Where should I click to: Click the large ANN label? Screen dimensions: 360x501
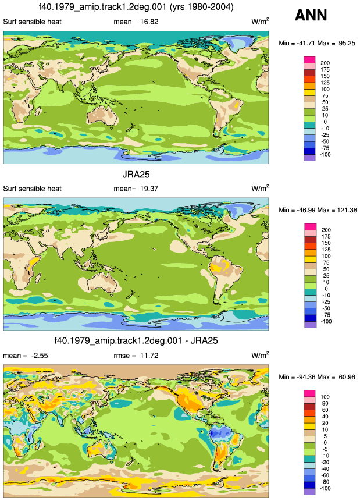click(x=311, y=15)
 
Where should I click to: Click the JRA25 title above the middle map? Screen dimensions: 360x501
click(x=136, y=175)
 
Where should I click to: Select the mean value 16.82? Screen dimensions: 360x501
click(x=149, y=22)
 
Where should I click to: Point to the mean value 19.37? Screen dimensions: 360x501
click(x=149, y=189)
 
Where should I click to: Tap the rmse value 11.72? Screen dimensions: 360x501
click(x=149, y=356)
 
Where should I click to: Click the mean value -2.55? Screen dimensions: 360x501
click(x=40, y=356)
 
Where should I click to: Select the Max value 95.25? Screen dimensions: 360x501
click(x=347, y=43)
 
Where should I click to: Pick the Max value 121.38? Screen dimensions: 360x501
click(x=346, y=210)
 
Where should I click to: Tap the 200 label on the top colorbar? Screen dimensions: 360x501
click(x=325, y=63)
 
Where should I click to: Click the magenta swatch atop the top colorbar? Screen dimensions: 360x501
click(x=309, y=60)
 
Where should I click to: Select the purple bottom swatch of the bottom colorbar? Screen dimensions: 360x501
click(x=309, y=492)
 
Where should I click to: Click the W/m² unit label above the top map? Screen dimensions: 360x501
click(x=260, y=22)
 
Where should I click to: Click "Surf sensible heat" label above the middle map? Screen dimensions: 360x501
click(x=32, y=189)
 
